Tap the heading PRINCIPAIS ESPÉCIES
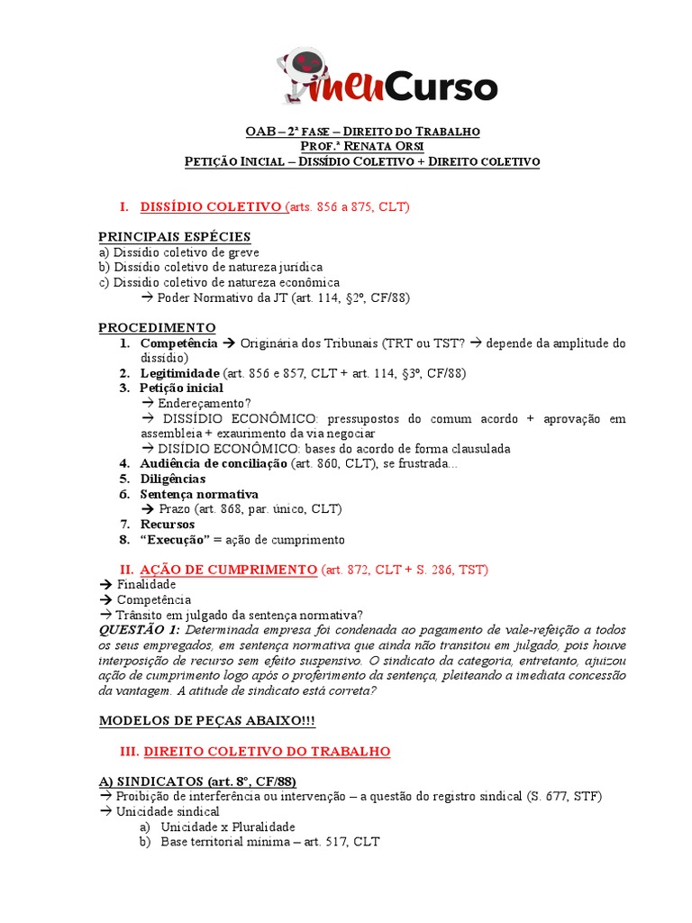point(175,236)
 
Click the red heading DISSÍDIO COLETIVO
point(211,206)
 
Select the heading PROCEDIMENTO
point(157,326)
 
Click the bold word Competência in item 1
point(178,343)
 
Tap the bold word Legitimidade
point(179,373)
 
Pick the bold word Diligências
point(173,479)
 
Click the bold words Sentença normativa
point(199,494)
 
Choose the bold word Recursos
point(168,524)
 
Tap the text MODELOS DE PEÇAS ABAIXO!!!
point(207,721)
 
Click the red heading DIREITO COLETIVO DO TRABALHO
point(267,751)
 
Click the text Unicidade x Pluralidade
point(228,827)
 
